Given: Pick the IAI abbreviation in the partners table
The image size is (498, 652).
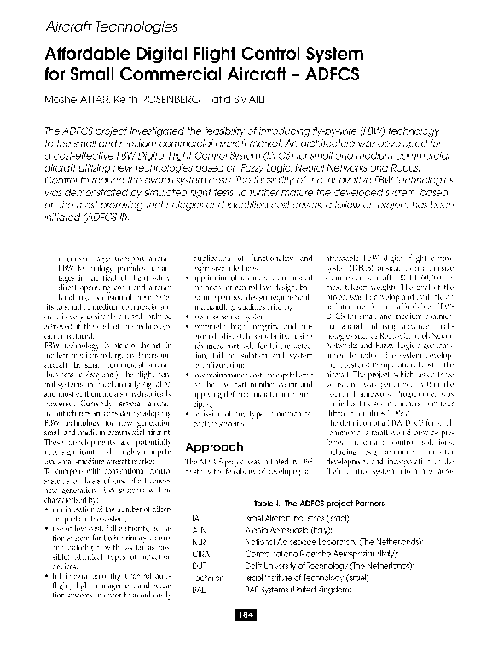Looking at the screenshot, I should (x=194, y=517).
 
